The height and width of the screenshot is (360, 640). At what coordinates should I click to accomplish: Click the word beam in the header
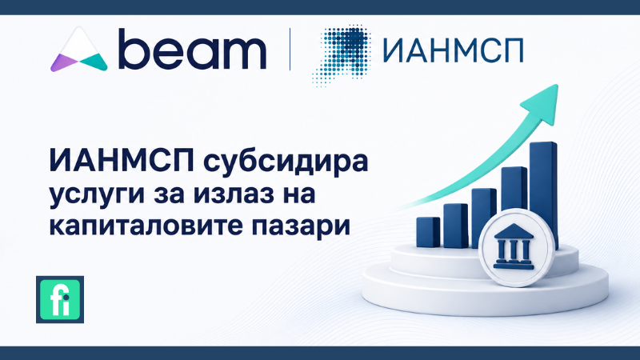[192, 49]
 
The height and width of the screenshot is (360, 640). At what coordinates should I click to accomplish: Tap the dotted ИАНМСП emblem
[341, 54]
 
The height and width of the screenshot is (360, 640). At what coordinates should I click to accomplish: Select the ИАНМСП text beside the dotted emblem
[453, 50]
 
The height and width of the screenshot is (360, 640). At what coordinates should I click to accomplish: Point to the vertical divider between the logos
[290, 49]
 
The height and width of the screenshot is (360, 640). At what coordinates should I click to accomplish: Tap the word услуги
[97, 194]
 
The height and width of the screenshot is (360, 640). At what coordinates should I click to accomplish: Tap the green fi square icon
[60, 299]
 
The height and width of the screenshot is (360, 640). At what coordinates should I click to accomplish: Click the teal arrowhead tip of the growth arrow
[557, 86]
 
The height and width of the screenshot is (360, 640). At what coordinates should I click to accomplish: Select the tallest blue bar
[543, 192]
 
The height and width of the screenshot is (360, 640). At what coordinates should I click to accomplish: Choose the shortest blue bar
[428, 232]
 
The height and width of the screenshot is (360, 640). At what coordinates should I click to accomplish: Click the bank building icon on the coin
[514, 246]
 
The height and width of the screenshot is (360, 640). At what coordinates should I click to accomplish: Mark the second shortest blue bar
[455, 226]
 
